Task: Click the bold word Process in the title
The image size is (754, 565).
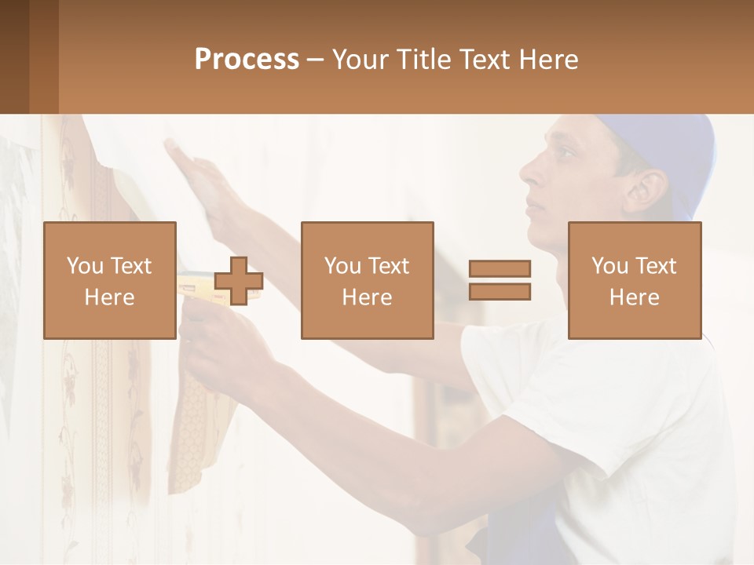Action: (x=247, y=60)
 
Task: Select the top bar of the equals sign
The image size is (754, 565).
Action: (x=500, y=269)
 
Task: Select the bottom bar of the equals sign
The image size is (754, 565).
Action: (x=500, y=292)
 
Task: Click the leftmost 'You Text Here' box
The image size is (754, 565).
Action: (x=110, y=280)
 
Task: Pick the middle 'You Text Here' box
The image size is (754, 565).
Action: (x=367, y=280)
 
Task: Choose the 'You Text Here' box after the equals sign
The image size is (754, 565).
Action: (x=635, y=280)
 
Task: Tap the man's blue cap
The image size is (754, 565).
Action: (x=675, y=149)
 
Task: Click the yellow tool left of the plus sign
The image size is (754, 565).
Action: (x=195, y=284)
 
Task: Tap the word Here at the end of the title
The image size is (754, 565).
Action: (x=547, y=60)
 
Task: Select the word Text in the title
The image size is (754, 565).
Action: (x=485, y=60)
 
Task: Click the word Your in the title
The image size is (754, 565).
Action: (x=360, y=60)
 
